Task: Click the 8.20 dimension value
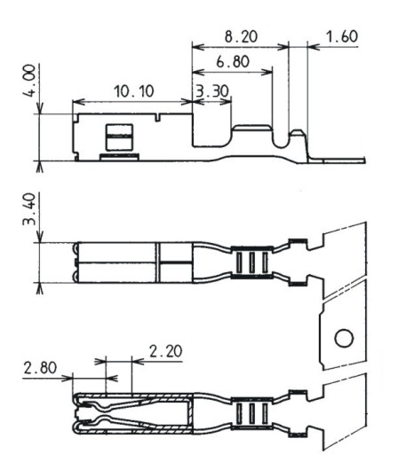[241, 36]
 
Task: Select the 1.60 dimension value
[342, 36]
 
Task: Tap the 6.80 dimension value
[233, 62]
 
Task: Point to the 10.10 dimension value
[134, 91]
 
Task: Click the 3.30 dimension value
[212, 91]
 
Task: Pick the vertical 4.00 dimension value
[29, 81]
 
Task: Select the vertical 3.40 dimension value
[29, 209]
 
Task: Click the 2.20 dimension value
[165, 351]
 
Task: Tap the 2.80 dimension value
[40, 368]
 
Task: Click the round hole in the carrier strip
[344, 338]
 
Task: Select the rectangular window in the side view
[119, 137]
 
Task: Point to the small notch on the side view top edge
[157, 117]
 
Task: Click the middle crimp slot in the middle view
[251, 262]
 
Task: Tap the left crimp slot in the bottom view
[239, 413]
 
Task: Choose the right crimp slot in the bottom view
[265, 413]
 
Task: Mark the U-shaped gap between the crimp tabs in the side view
[281, 138]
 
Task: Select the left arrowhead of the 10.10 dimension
[78, 102]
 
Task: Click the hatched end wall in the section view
[190, 414]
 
